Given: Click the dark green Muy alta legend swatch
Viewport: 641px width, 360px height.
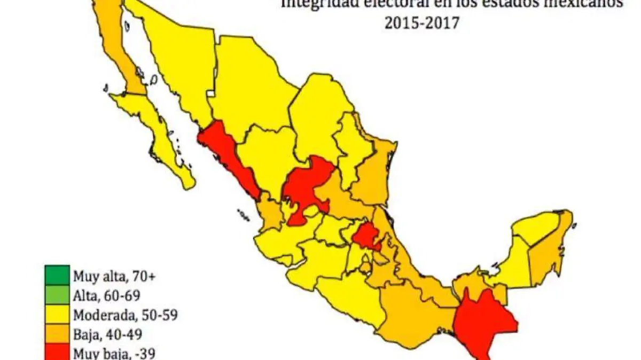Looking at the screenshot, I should tap(57, 276).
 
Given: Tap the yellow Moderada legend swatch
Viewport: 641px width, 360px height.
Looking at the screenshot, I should tap(57, 315).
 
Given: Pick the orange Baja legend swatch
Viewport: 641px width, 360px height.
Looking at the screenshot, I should tap(57, 334).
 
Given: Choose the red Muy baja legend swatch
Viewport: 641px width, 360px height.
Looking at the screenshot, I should tap(57, 351).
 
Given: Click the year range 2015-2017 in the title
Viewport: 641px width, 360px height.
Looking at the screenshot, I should tap(421, 24).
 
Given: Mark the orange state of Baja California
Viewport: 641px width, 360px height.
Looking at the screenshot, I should tap(115, 43).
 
